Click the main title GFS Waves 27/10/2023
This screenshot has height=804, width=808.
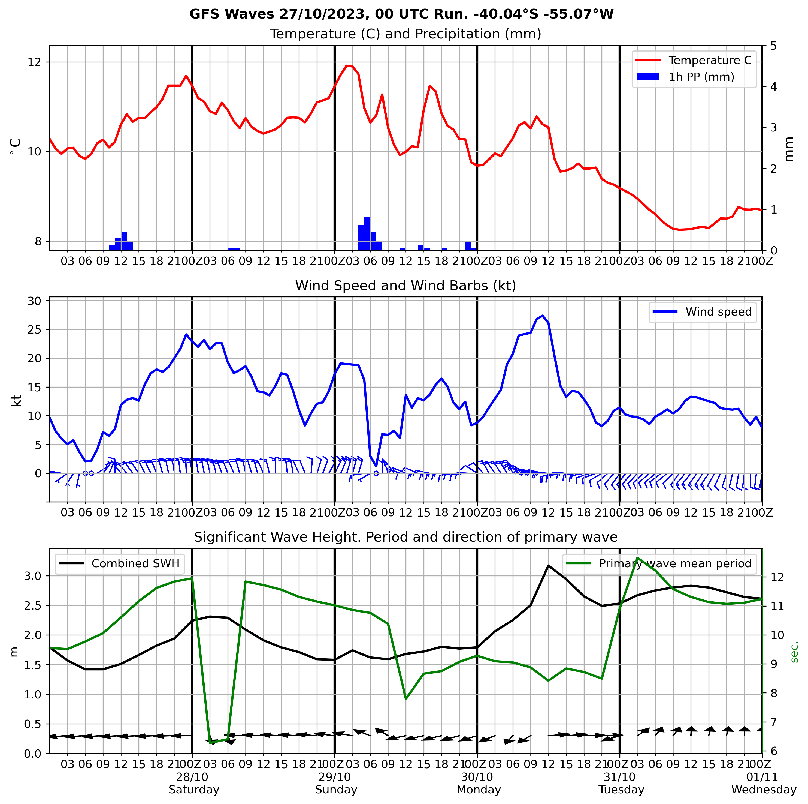pyautogui.click(x=401, y=14)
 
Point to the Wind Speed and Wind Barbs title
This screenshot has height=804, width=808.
pyautogui.click(x=406, y=286)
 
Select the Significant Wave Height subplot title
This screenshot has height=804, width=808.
pyautogui.click(x=406, y=537)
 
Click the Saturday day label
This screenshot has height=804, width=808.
pyautogui.click(x=194, y=790)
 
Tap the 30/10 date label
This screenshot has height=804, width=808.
pyautogui.click(x=477, y=777)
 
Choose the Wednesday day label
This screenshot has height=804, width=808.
pyautogui.click(x=764, y=790)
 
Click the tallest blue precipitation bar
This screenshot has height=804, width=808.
pyautogui.click(x=367, y=233)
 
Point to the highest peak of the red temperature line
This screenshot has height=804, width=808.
pyautogui.click(x=347, y=66)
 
